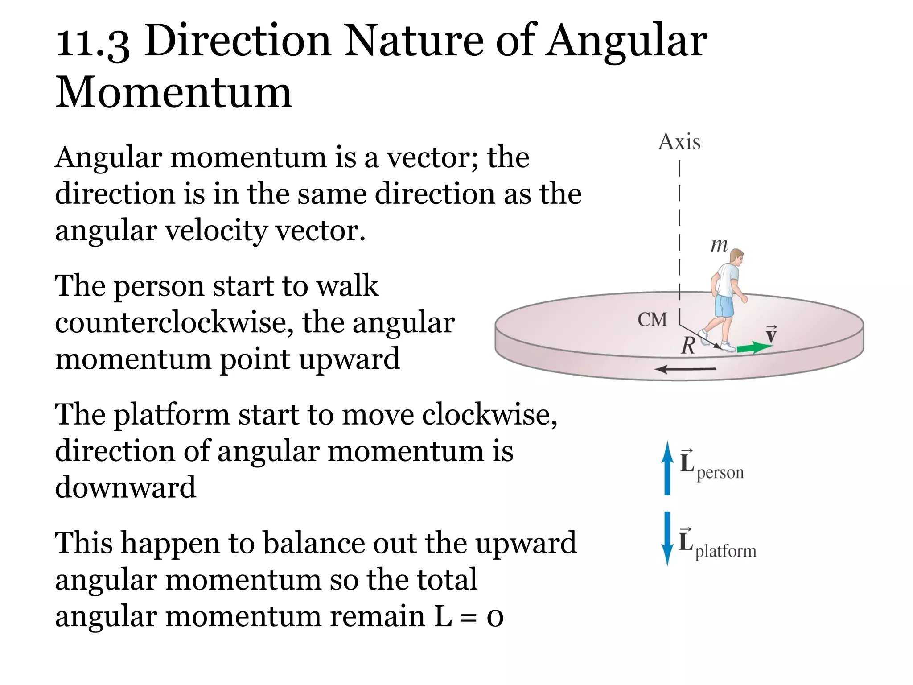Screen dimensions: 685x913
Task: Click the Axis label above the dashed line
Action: [x=679, y=142]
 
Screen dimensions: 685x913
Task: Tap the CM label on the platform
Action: [x=652, y=319]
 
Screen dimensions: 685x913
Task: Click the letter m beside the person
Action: [x=719, y=245]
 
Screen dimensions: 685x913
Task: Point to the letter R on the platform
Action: [x=688, y=345]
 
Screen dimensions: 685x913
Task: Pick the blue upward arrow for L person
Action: [x=667, y=468]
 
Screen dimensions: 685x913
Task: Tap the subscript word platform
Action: [x=726, y=551]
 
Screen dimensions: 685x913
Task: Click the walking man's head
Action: [x=736, y=257]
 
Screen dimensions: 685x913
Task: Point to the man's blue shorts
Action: [x=724, y=306]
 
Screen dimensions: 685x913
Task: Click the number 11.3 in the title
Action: [x=92, y=42]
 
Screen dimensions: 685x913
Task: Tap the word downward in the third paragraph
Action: [x=125, y=487]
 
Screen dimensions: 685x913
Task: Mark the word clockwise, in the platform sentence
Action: [x=489, y=415]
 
